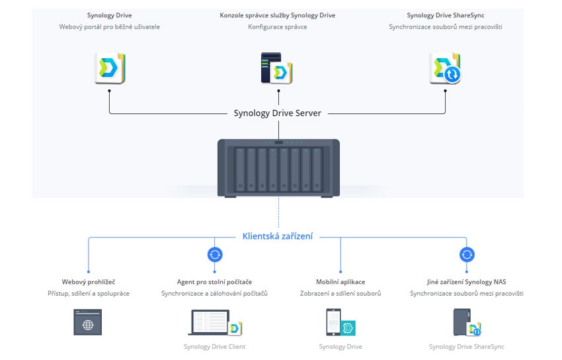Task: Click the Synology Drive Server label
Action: tap(278, 113)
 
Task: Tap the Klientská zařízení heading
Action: tap(278, 236)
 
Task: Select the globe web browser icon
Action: tap(88, 324)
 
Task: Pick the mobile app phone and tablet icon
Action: tap(341, 323)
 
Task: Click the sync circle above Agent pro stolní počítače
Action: tap(215, 254)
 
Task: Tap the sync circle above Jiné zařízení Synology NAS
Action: tap(467, 254)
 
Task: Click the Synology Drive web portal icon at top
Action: tap(109, 68)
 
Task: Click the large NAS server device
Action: tap(278, 167)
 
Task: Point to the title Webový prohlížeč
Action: tap(89, 282)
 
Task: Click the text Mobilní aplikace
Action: tap(341, 282)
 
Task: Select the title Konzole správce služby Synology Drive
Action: tap(277, 15)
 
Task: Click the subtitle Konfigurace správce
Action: tap(277, 27)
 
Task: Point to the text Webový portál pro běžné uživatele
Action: tap(109, 27)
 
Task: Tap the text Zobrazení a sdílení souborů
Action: tap(341, 293)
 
